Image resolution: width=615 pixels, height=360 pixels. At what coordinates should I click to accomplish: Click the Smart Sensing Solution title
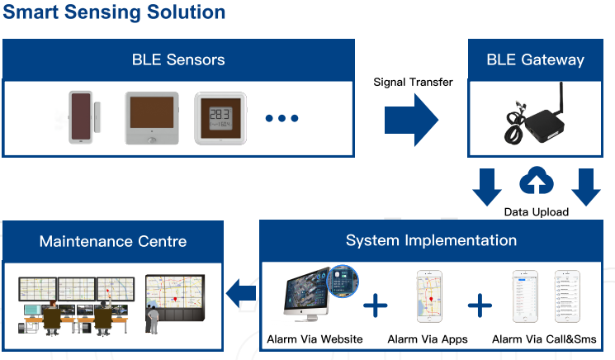pyautogui.click(x=114, y=12)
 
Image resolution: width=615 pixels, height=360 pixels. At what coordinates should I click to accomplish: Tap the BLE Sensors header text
pyautogui.click(x=178, y=60)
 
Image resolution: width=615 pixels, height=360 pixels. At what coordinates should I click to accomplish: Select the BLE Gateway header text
pyautogui.click(x=536, y=60)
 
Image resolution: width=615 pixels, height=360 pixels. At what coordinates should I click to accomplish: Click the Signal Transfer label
pyautogui.click(x=413, y=82)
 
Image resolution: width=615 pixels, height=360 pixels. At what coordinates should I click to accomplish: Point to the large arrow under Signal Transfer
pyautogui.click(x=411, y=120)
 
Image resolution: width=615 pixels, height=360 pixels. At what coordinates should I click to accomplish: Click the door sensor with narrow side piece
pyautogui.click(x=84, y=117)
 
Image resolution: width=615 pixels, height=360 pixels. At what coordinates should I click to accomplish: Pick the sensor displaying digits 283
pyautogui.click(x=220, y=118)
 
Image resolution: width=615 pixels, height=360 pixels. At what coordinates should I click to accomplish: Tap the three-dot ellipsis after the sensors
pyautogui.click(x=281, y=118)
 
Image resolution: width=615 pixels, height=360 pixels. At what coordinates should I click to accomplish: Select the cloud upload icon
pyautogui.click(x=536, y=180)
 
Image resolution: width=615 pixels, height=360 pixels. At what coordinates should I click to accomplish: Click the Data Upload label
pyautogui.click(x=536, y=212)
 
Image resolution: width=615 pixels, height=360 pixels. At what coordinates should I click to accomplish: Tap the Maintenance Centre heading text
pyautogui.click(x=113, y=242)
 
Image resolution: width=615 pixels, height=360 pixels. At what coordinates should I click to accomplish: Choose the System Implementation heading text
pyautogui.click(x=431, y=240)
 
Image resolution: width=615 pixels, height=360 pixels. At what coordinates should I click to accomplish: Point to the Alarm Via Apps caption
pyautogui.click(x=428, y=339)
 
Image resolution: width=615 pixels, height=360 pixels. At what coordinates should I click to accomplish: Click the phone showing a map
pyautogui.click(x=429, y=296)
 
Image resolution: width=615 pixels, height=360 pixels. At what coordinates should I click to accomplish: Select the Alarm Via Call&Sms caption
pyautogui.click(x=544, y=339)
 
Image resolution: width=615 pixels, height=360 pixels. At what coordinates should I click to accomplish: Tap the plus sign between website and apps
pyautogui.click(x=376, y=306)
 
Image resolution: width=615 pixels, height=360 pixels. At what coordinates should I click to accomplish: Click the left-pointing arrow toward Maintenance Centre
pyautogui.click(x=241, y=293)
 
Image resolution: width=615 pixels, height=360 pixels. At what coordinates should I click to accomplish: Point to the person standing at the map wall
pyautogui.click(x=153, y=319)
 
